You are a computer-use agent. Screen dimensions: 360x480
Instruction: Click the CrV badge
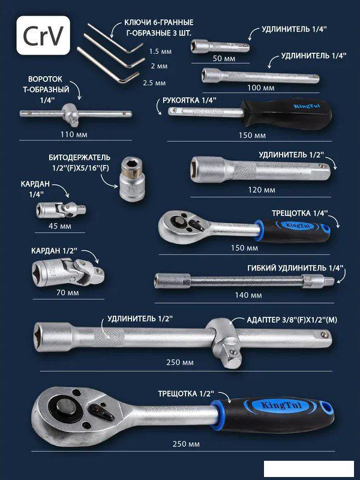pos(43,35)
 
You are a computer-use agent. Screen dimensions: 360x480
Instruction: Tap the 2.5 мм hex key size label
pos(154,83)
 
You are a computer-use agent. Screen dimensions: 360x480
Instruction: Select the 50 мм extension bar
pos(220,47)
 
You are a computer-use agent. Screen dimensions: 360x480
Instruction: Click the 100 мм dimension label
pos(261,88)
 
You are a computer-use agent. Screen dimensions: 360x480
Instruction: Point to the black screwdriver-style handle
pos(286,113)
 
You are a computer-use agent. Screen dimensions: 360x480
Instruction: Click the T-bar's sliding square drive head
pos(71,114)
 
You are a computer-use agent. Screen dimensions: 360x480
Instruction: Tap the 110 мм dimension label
pos(73,134)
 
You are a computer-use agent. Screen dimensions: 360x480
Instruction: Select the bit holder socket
pos(132,179)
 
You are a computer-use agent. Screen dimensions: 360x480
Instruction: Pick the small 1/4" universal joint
pos(61,209)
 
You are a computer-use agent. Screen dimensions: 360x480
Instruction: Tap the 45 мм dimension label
pos(59,226)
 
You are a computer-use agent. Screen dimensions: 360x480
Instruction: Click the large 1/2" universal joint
pos(68,272)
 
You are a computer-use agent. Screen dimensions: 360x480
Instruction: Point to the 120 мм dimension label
pos(262,190)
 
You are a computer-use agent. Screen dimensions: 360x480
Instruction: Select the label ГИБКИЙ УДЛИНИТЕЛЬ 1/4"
pos(295,268)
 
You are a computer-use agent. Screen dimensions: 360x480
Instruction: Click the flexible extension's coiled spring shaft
pos(247,281)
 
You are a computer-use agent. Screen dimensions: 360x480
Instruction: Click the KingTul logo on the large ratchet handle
pos(281,406)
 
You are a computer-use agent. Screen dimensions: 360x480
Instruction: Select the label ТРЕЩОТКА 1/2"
pos(186,394)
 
